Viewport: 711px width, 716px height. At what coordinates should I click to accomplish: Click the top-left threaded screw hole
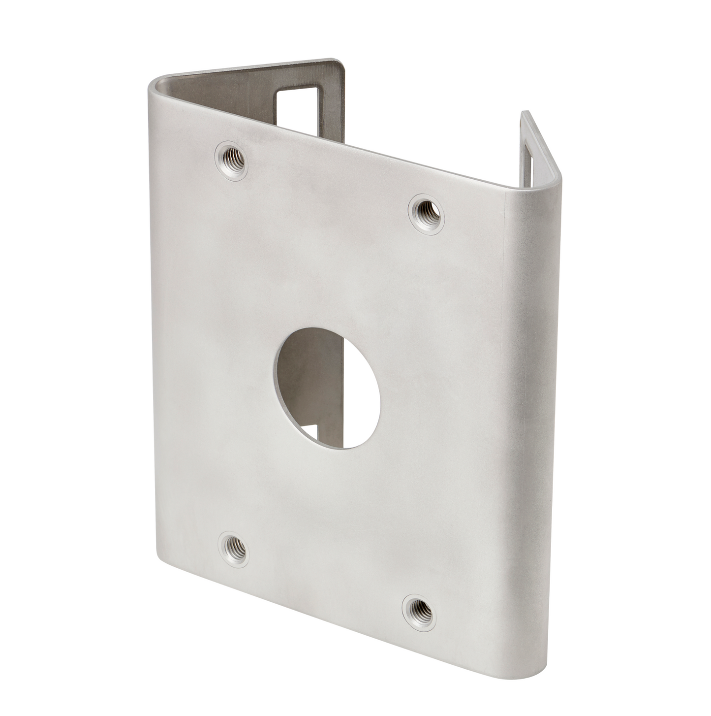[231, 160]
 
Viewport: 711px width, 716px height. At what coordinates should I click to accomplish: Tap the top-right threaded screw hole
[426, 214]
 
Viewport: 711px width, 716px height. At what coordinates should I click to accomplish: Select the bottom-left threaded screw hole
[233, 549]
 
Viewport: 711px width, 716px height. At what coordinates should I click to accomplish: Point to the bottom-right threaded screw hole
[419, 612]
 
